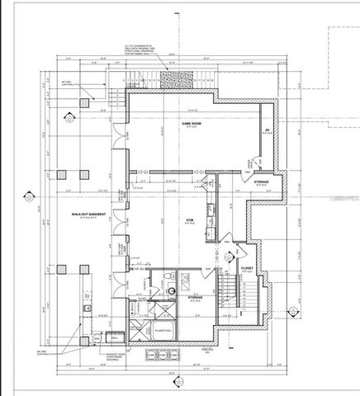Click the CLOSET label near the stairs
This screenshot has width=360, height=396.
[246, 268]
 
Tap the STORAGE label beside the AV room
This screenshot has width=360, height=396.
[260, 181]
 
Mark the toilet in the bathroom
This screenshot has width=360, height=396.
[172, 286]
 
